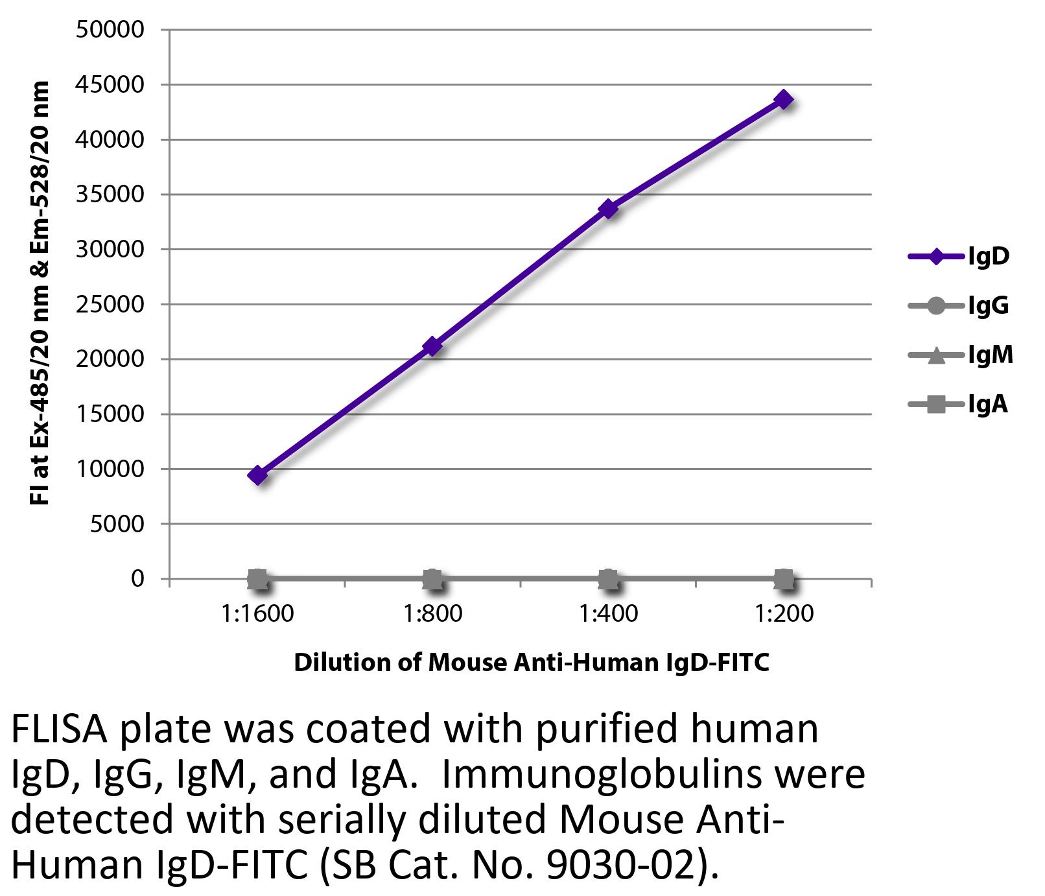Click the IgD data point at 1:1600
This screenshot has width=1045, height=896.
coord(257,475)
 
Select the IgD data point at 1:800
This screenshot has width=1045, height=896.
coord(432,347)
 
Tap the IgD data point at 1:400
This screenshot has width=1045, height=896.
coord(608,209)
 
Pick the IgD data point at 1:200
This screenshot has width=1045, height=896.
coord(784,100)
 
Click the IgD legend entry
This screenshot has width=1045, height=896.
coord(959,257)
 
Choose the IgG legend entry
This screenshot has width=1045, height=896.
coord(959,305)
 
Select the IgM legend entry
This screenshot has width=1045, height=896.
coord(961,355)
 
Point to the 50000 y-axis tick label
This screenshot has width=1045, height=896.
coord(110,30)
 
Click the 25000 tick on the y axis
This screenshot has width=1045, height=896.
coord(110,304)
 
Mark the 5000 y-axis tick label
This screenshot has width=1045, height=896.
coord(117,524)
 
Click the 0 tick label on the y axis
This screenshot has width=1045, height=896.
coord(137,578)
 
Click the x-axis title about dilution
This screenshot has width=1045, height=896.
coord(532,663)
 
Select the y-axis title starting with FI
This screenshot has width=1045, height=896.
coord(40,293)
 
